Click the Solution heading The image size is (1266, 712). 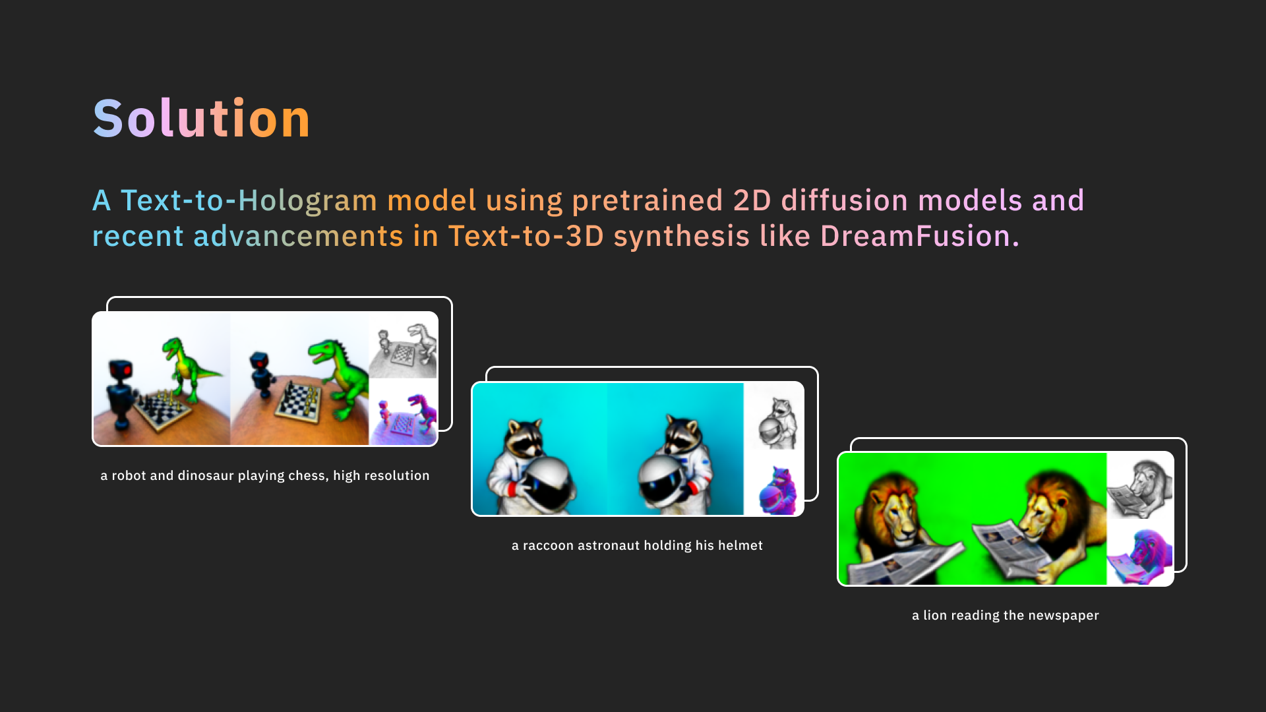(x=201, y=119)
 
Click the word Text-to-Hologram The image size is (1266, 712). (x=249, y=200)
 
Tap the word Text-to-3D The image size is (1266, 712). (x=526, y=236)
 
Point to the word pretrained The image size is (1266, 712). (x=648, y=200)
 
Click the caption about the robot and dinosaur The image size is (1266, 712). (x=265, y=476)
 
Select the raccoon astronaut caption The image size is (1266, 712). (x=637, y=546)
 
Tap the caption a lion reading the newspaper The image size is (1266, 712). (x=1006, y=616)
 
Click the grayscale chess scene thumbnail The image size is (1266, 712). (x=403, y=345)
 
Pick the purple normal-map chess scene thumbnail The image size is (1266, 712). (x=403, y=412)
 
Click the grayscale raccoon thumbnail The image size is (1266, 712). (x=773, y=416)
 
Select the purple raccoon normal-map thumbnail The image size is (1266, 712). (x=773, y=482)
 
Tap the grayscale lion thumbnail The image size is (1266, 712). (x=1139, y=486)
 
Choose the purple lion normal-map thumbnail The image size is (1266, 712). (x=1139, y=552)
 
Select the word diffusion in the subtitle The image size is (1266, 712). (x=845, y=200)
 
